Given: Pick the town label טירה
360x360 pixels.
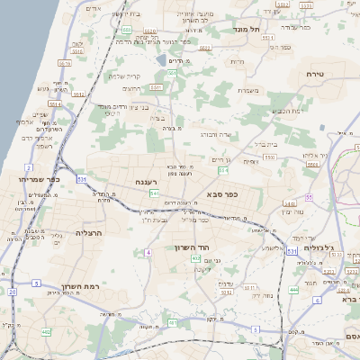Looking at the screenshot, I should [314, 74].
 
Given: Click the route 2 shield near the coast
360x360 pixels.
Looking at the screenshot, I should [29, 167].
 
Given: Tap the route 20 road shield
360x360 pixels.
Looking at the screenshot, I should [12, 292].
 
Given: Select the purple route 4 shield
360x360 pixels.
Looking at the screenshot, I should [148, 253].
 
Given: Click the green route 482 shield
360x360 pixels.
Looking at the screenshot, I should [46, 332].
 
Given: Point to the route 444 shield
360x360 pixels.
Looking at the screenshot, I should [293, 290].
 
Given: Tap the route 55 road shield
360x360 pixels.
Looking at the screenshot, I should [309, 196].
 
